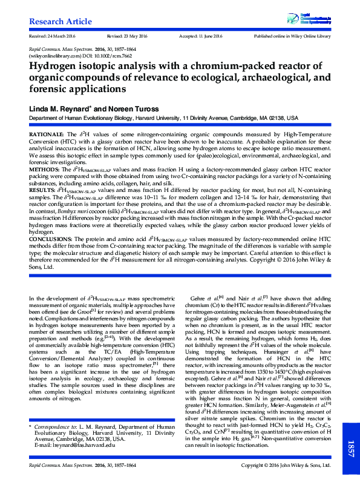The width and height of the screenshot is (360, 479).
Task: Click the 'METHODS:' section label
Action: pos(42,171)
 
